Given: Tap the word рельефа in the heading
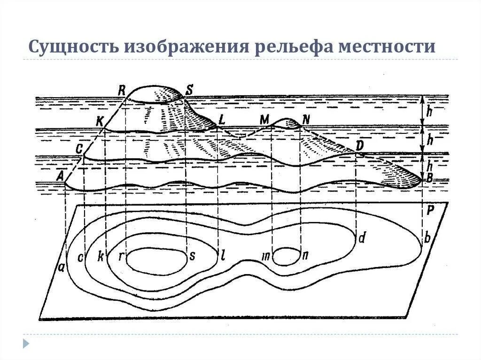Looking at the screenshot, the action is (288, 47).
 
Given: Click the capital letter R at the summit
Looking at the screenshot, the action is (122, 89).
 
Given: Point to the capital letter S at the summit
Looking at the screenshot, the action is (189, 89).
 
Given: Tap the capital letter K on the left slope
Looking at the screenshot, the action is (99, 121).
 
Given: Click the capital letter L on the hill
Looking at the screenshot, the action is (222, 120).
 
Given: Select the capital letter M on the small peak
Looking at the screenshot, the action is (264, 120).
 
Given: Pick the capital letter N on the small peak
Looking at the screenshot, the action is (306, 120).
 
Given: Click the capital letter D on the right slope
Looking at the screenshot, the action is (360, 146).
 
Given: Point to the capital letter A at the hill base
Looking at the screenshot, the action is (60, 176).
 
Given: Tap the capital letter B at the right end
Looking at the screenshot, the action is (427, 178).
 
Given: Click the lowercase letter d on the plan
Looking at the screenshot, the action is (361, 238).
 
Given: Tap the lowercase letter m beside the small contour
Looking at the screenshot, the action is (266, 256).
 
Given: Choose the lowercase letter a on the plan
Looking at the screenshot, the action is (62, 268).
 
